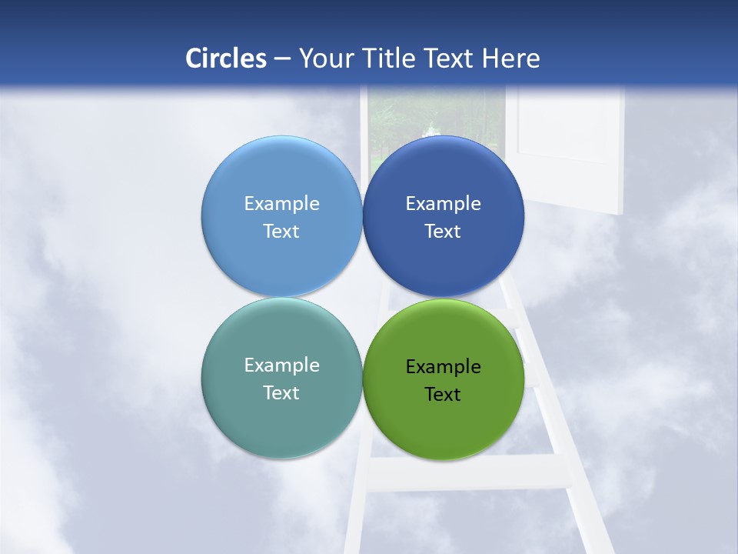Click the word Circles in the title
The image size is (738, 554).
click(226, 58)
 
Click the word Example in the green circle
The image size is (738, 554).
click(444, 367)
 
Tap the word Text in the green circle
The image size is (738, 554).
click(443, 394)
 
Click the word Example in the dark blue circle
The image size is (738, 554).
click(444, 203)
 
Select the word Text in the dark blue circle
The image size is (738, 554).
click(443, 231)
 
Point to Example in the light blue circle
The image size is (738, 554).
click(281, 203)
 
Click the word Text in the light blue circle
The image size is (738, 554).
click(281, 231)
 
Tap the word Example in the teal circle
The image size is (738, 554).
click(281, 365)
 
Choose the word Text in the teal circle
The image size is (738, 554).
click(281, 392)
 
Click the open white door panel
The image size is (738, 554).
click(569, 146)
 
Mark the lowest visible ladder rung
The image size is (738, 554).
click(469, 472)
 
